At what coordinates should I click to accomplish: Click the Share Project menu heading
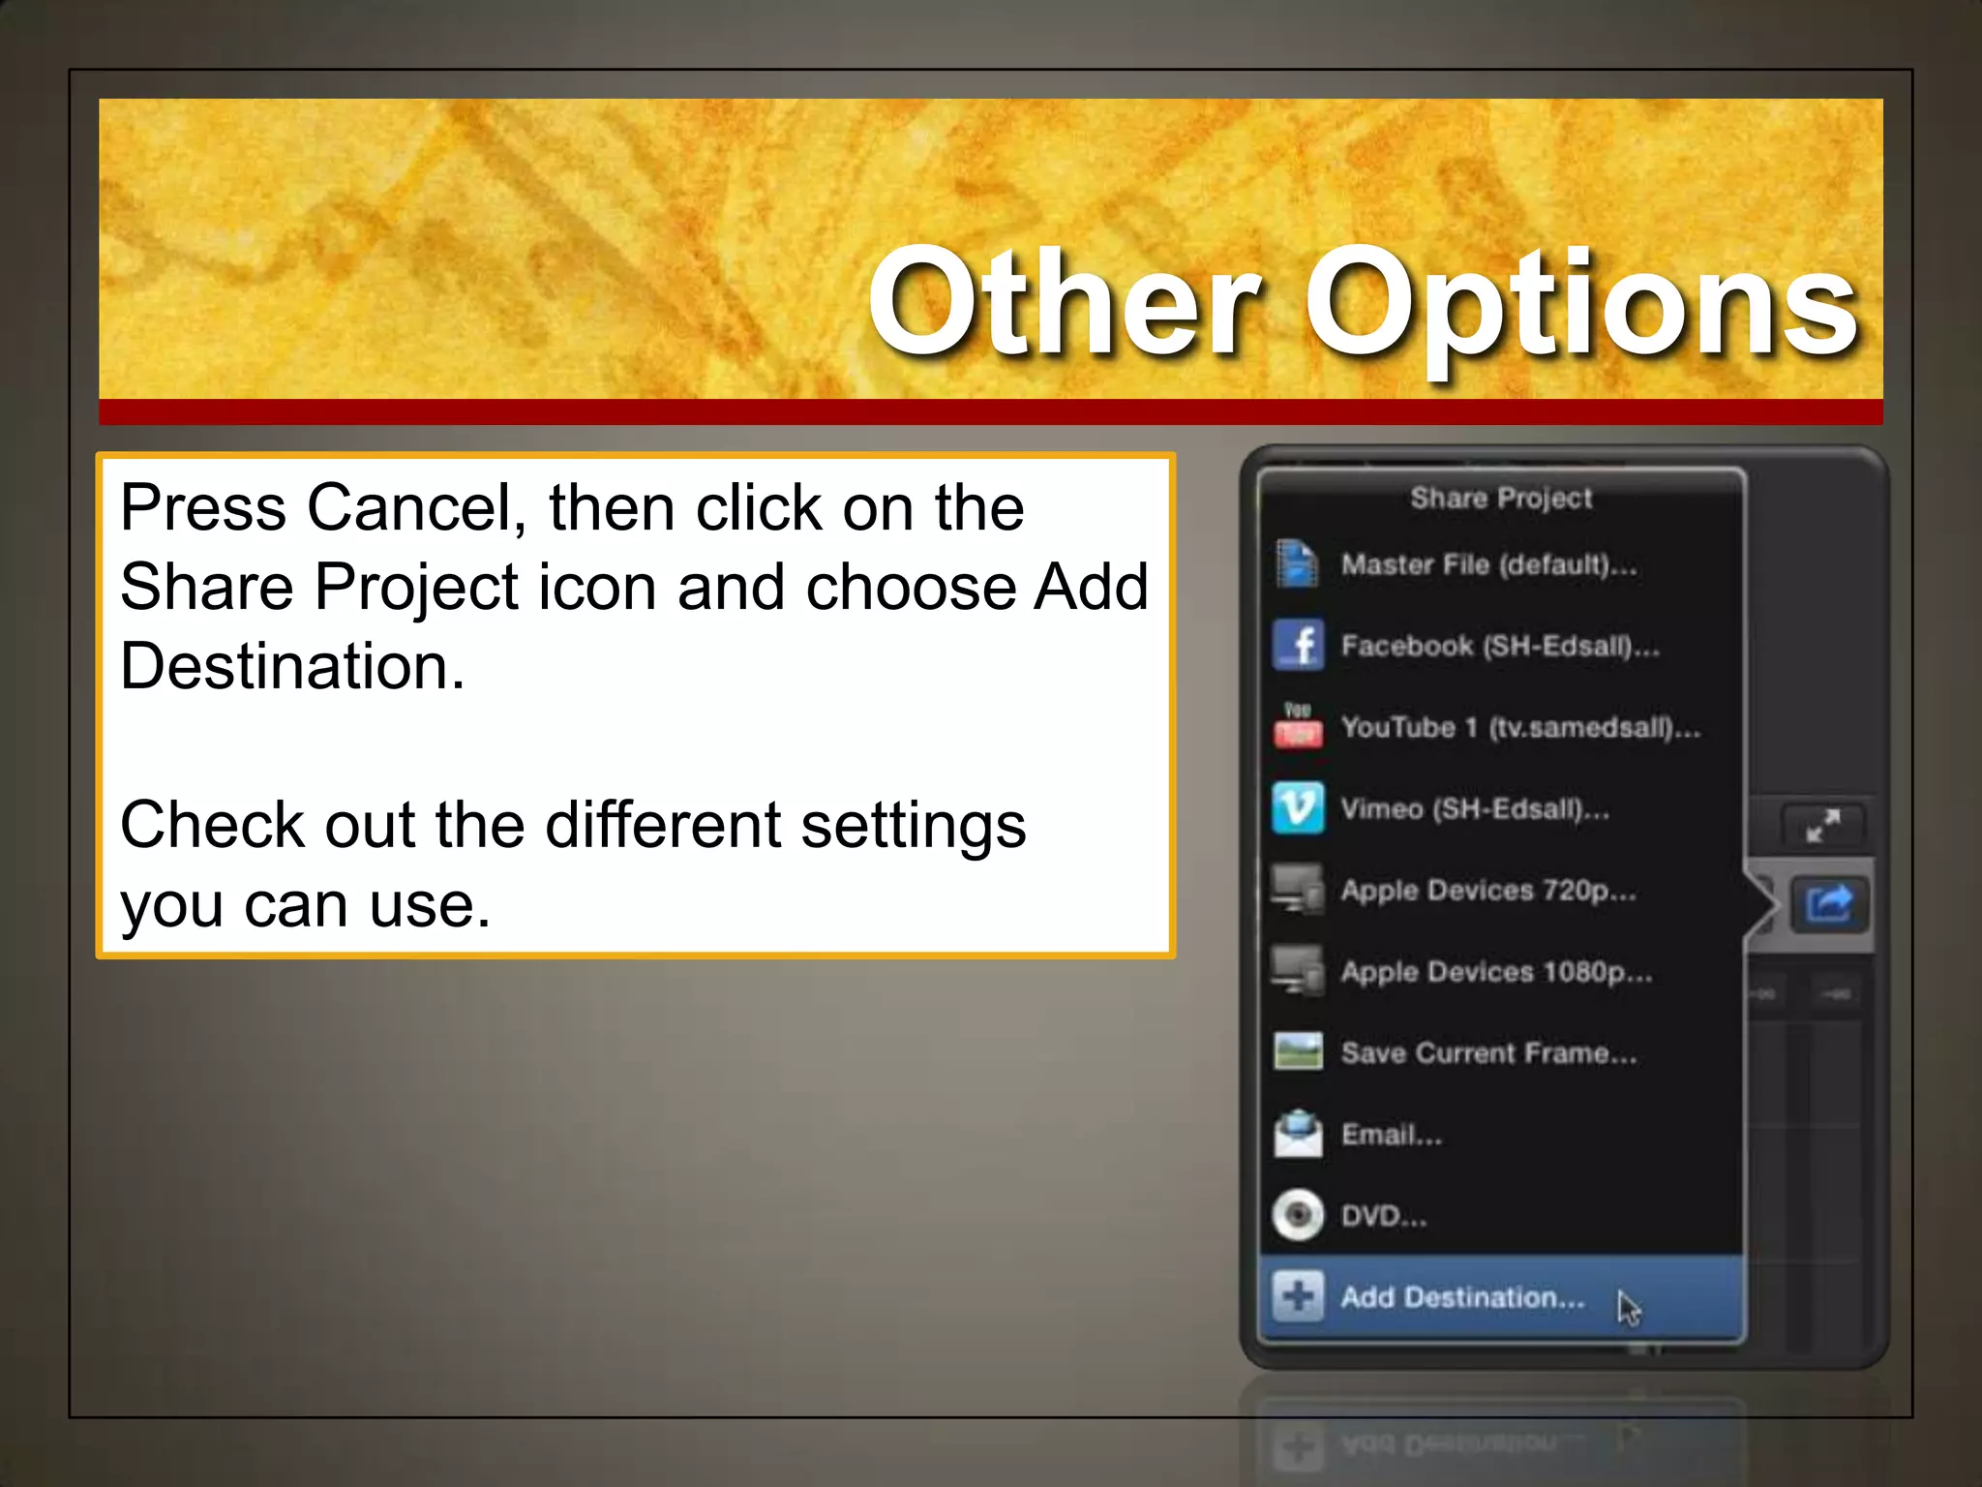coord(1500,499)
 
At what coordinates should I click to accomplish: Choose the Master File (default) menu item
coord(1488,564)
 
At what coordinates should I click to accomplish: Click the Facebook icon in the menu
coord(1298,645)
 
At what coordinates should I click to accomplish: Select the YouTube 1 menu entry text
coord(1519,727)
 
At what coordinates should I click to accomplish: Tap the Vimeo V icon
coord(1298,807)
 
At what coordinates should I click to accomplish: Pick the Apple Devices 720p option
coord(1488,890)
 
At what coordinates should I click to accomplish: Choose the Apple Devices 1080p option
coord(1496,971)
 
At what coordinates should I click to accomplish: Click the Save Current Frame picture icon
coord(1298,1051)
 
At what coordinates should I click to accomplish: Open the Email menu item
coord(1391,1135)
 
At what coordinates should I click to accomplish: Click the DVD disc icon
coord(1298,1215)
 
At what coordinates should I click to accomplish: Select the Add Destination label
coord(1462,1297)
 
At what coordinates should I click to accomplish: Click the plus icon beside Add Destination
coord(1298,1296)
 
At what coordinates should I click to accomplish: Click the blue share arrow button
coord(1827,905)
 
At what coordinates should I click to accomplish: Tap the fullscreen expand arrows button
coord(1823,826)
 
